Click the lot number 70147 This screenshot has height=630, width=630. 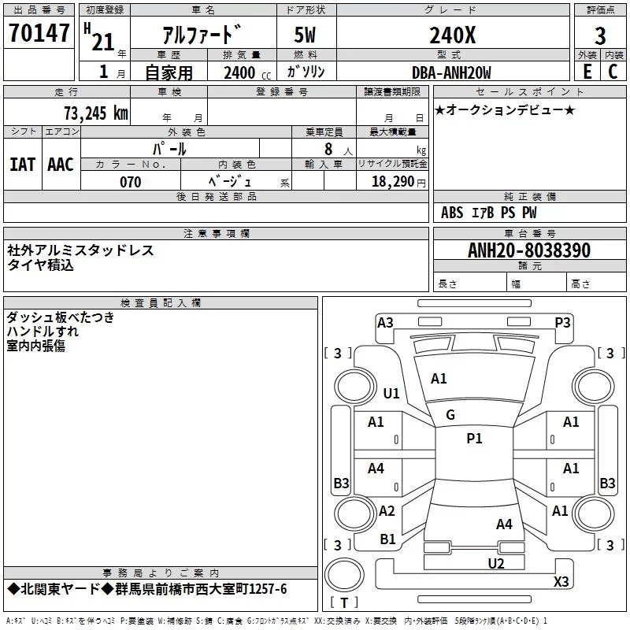(x=39, y=34)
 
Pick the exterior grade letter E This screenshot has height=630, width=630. (x=587, y=72)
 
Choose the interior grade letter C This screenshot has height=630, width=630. (x=613, y=72)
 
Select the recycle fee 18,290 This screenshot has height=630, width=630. (x=393, y=182)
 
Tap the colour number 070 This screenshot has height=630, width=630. (x=131, y=182)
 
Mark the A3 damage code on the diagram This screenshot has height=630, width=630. (x=385, y=322)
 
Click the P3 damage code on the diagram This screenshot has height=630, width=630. (x=562, y=322)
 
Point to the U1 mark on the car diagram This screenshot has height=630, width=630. (x=391, y=393)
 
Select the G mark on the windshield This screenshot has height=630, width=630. (x=450, y=415)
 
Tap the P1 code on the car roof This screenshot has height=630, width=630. (x=474, y=439)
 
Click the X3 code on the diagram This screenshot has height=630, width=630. (x=561, y=582)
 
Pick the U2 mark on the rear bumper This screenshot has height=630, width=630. (x=496, y=562)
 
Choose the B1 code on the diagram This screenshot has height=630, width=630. (x=388, y=539)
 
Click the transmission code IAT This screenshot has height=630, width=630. (x=22, y=164)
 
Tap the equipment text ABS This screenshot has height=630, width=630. (x=452, y=213)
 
